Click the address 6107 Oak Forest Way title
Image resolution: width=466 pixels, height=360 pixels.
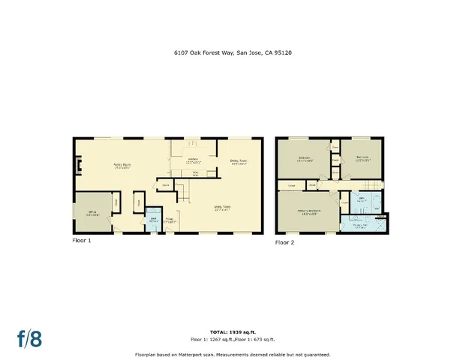233,53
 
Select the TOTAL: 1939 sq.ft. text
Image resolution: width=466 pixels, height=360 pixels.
233,331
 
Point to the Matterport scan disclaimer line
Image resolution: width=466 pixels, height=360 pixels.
233,354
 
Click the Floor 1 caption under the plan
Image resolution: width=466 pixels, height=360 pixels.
82,241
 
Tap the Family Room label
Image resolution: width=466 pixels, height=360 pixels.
122,166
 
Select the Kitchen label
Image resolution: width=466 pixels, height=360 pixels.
193,160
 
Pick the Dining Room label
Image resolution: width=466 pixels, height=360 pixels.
239,161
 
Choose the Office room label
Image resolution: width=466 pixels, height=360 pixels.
92,213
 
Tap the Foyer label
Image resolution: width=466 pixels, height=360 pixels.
170,220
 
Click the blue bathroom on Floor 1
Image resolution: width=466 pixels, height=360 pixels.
153,218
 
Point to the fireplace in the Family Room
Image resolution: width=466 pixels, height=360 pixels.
77,164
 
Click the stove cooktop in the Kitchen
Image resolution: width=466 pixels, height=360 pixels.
196,173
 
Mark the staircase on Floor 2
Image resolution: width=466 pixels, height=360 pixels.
367,185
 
